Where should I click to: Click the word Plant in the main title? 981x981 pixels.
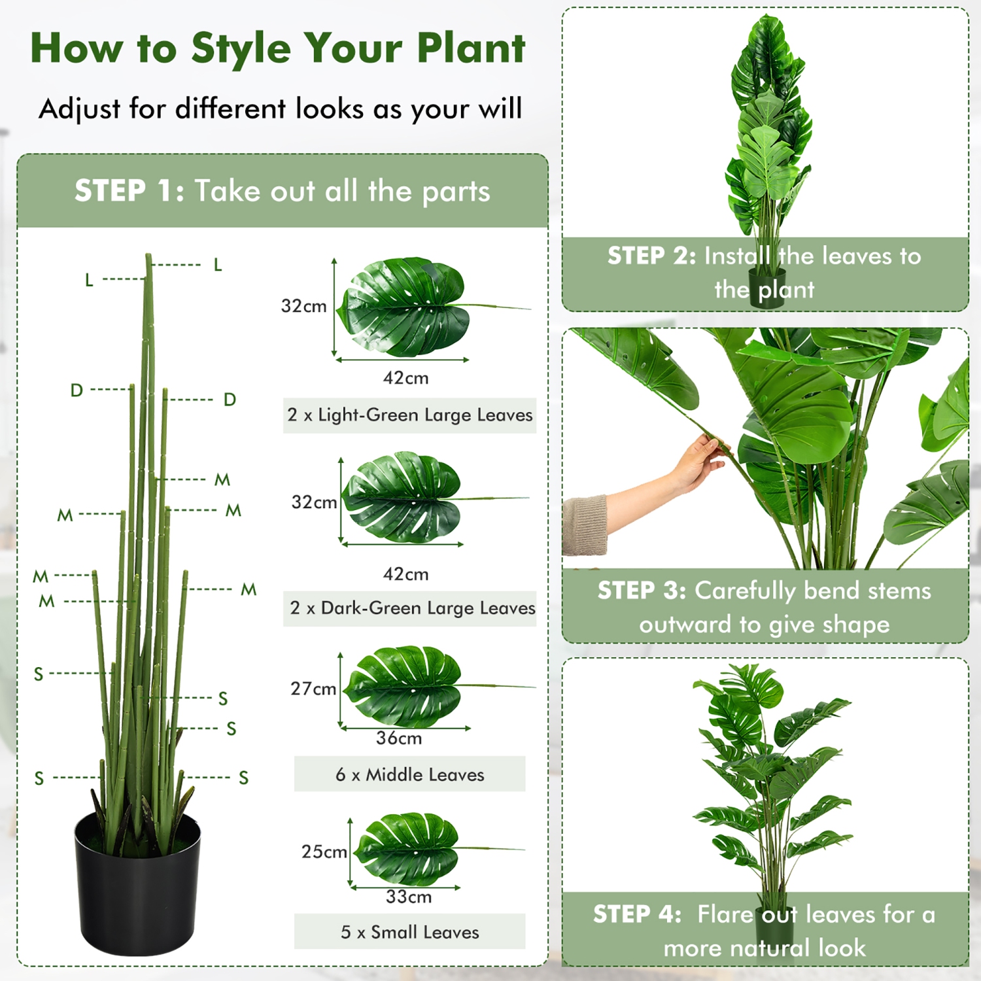pyautogui.click(x=470, y=48)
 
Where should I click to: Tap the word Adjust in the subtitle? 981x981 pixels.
pyautogui.click(x=79, y=109)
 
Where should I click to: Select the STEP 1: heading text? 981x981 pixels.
pyautogui.click(x=129, y=191)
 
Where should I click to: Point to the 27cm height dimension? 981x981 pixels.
pyautogui.click(x=313, y=689)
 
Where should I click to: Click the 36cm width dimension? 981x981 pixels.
pyautogui.click(x=398, y=738)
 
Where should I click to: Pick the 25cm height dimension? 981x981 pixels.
pyautogui.click(x=323, y=852)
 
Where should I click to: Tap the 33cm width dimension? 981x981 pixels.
pyautogui.click(x=408, y=897)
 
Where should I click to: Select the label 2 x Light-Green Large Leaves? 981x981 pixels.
pyautogui.click(x=409, y=415)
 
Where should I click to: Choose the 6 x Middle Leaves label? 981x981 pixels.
pyautogui.click(x=409, y=775)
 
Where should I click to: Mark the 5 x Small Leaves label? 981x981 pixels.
pyautogui.click(x=409, y=933)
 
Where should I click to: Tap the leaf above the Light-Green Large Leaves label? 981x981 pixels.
pyautogui.click(x=405, y=307)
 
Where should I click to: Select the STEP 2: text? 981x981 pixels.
pyautogui.click(x=651, y=256)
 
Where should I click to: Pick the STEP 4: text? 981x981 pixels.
pyautogui.click(x=637, y=914)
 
